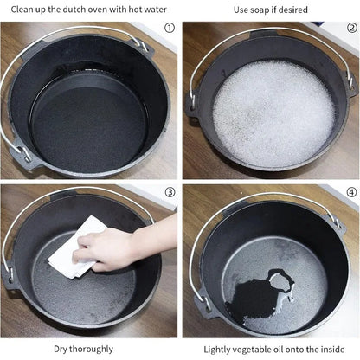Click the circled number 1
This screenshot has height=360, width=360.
click(170, 28)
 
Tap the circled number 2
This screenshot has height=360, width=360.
click(352, 28)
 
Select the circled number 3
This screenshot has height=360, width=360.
click(170, 192)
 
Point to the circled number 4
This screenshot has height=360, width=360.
click(352, 192)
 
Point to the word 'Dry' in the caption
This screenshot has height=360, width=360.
click(61, 350)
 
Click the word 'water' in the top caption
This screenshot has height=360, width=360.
click(155, 10)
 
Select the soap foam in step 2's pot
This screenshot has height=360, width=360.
click(273, 114)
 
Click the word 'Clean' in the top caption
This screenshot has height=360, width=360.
click(22, 10)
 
